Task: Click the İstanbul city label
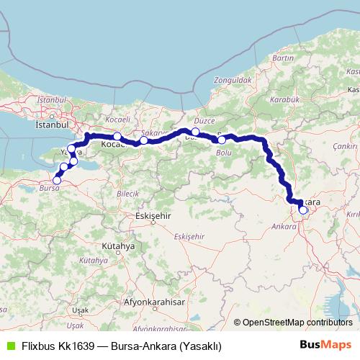tap(50, 124)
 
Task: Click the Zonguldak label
tap(230, 82)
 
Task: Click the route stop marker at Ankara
tap(303, 210)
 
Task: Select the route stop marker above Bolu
tap(222, 140)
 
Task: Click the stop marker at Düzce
tap(195, 132)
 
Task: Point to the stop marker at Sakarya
tap(144, 140)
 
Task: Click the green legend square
tap(9, 346)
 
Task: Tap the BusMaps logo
tap(327, 345)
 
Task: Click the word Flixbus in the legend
tap(39, 346)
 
